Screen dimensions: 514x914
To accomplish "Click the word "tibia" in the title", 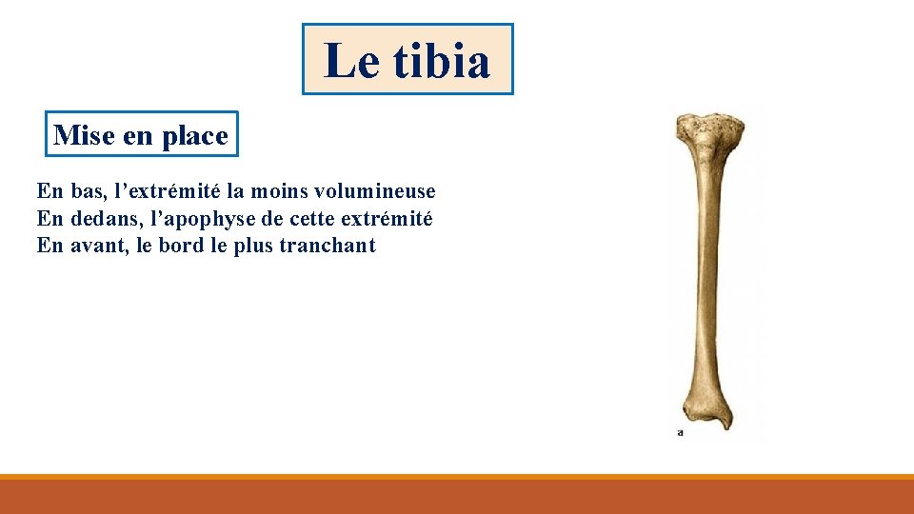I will [441, 61].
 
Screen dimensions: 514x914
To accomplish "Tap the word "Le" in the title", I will [351, 61].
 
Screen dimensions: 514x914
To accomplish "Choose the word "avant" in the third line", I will [100, 246].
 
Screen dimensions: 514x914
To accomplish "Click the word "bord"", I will [184, 246].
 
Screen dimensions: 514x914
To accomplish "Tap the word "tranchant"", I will [328, 246].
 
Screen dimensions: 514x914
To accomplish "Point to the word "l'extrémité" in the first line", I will [161, 191].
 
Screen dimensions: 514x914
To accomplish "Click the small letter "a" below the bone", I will [680, 432].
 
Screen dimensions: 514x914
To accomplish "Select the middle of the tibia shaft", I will [706, 276].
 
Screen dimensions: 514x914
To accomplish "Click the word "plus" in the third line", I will [252, 246].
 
